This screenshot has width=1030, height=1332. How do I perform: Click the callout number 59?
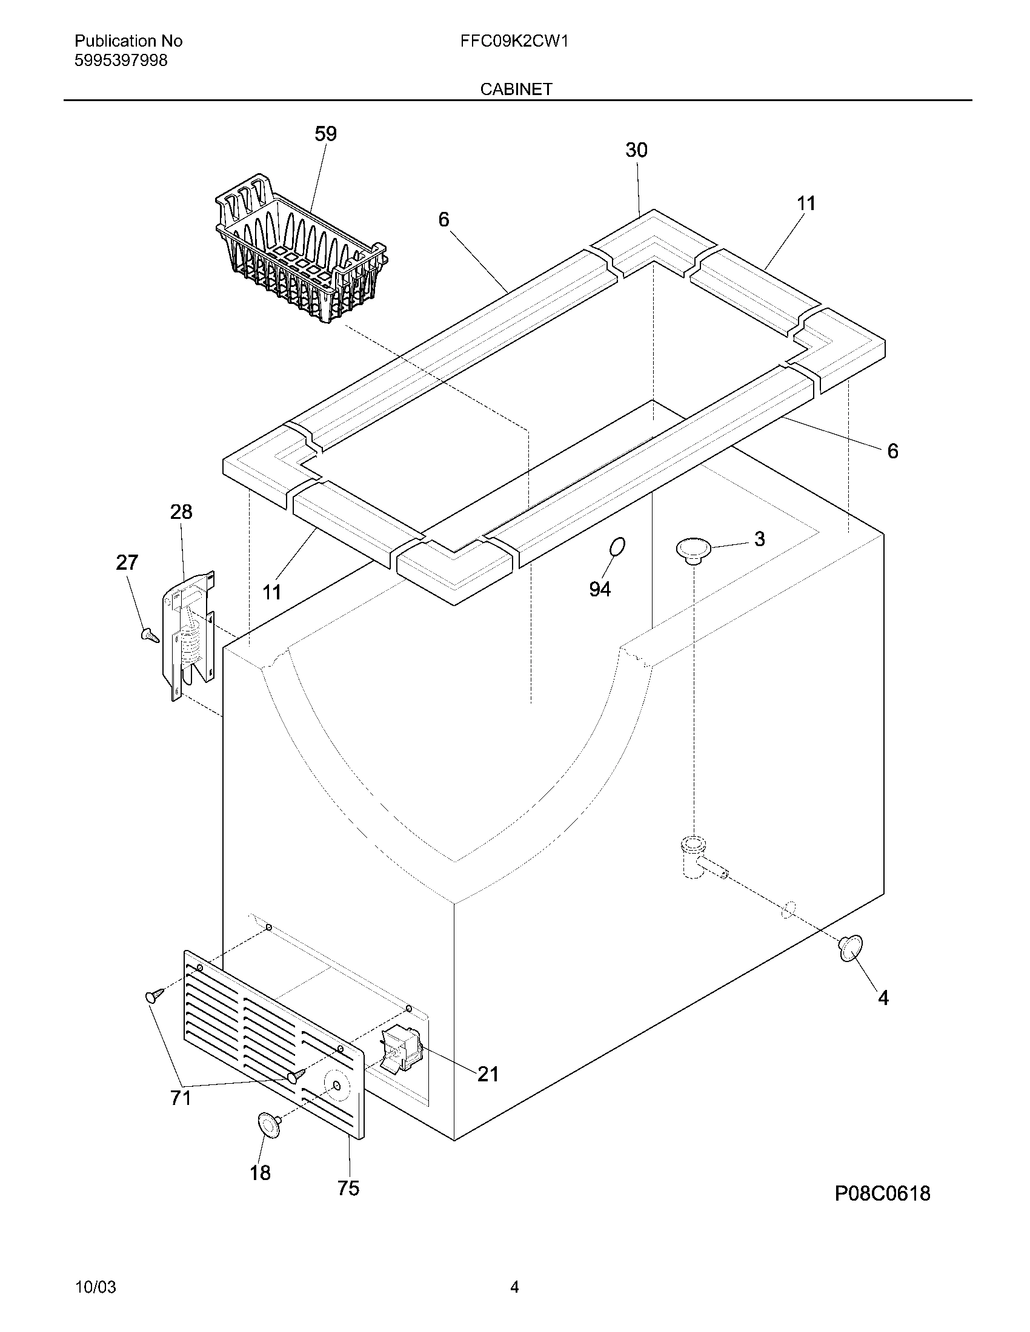tap(325, 134)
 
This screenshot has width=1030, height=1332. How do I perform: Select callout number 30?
tap(636, 150)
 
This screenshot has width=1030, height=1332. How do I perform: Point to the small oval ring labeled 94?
tap(617, 547)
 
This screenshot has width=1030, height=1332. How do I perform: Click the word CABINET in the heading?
tap(516, 89)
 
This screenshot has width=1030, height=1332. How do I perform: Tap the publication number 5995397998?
tap(121, 61)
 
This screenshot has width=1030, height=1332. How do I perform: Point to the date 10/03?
tap(95, 1287)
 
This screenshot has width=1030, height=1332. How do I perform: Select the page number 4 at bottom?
tap(514, 1287)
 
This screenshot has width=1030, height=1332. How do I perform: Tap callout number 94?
tap(600, 589)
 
